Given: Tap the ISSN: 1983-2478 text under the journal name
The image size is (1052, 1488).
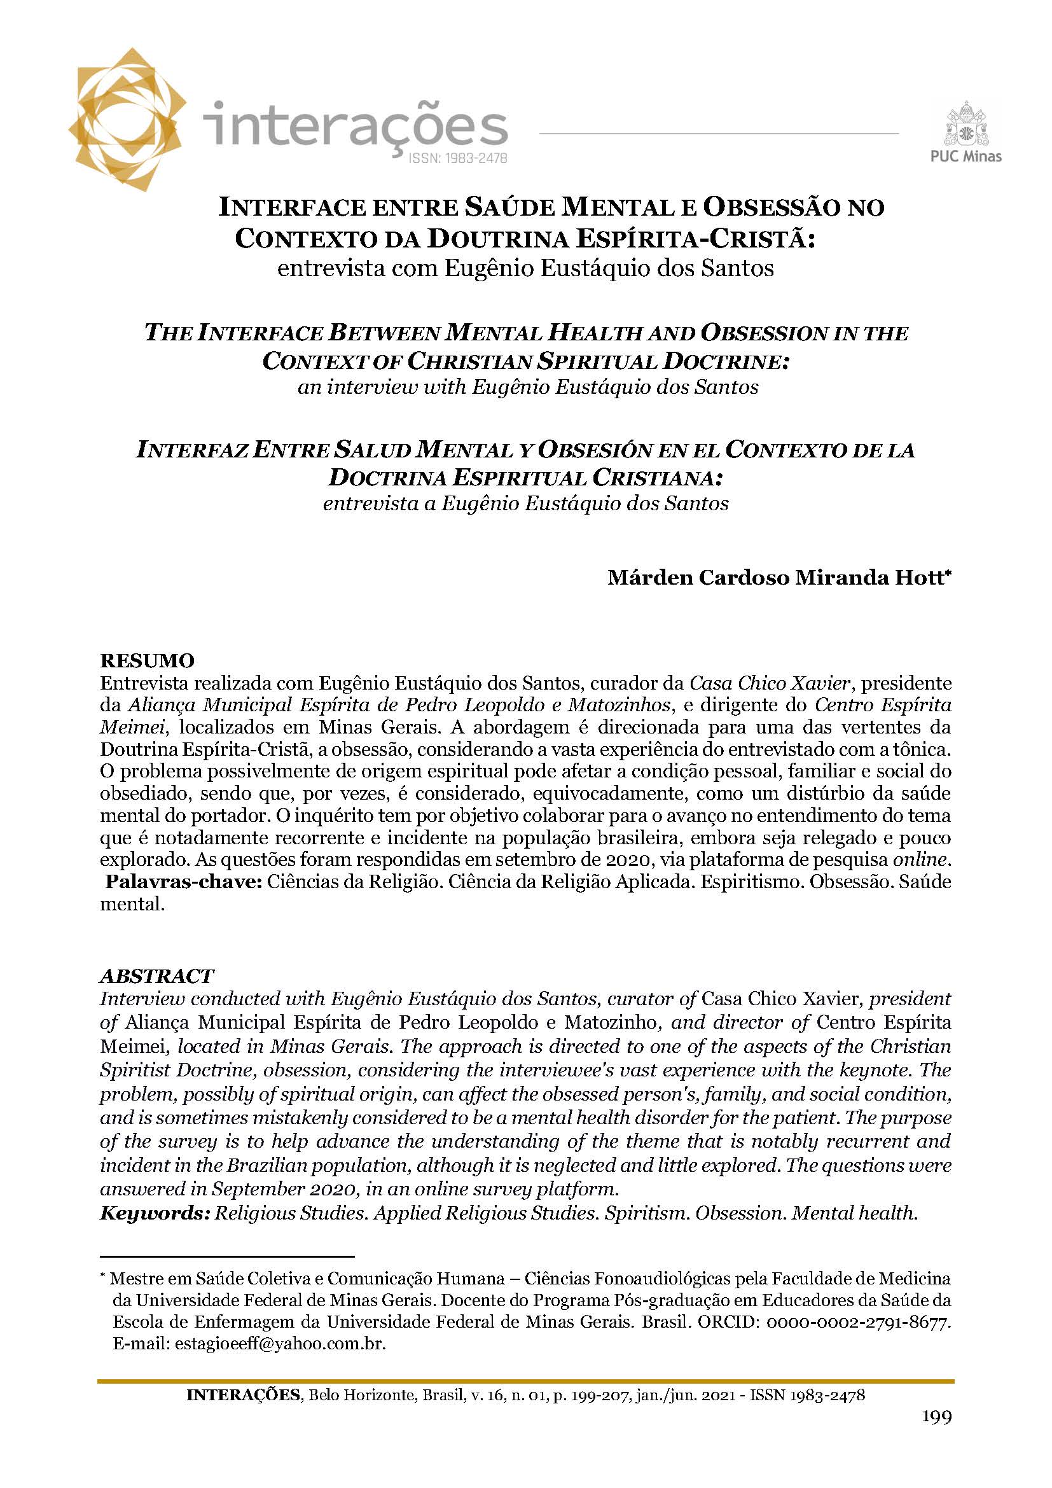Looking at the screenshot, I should (457, 158).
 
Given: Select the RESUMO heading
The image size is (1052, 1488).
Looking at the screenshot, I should (147, 661).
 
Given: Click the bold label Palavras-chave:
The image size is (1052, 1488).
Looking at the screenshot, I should (183, 882).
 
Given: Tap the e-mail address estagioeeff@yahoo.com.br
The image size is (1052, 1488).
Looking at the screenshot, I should (280, 1344).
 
